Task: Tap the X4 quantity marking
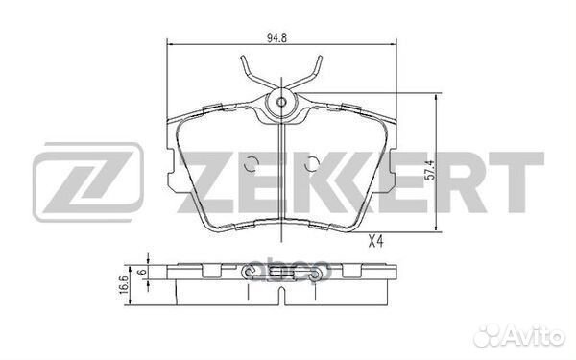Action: click(377, 241)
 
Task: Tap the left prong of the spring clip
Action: click(248, 71)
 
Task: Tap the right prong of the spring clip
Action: click(316, 71)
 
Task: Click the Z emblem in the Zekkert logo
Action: click(87, 181)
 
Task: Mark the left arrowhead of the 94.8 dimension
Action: click(171, 43)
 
